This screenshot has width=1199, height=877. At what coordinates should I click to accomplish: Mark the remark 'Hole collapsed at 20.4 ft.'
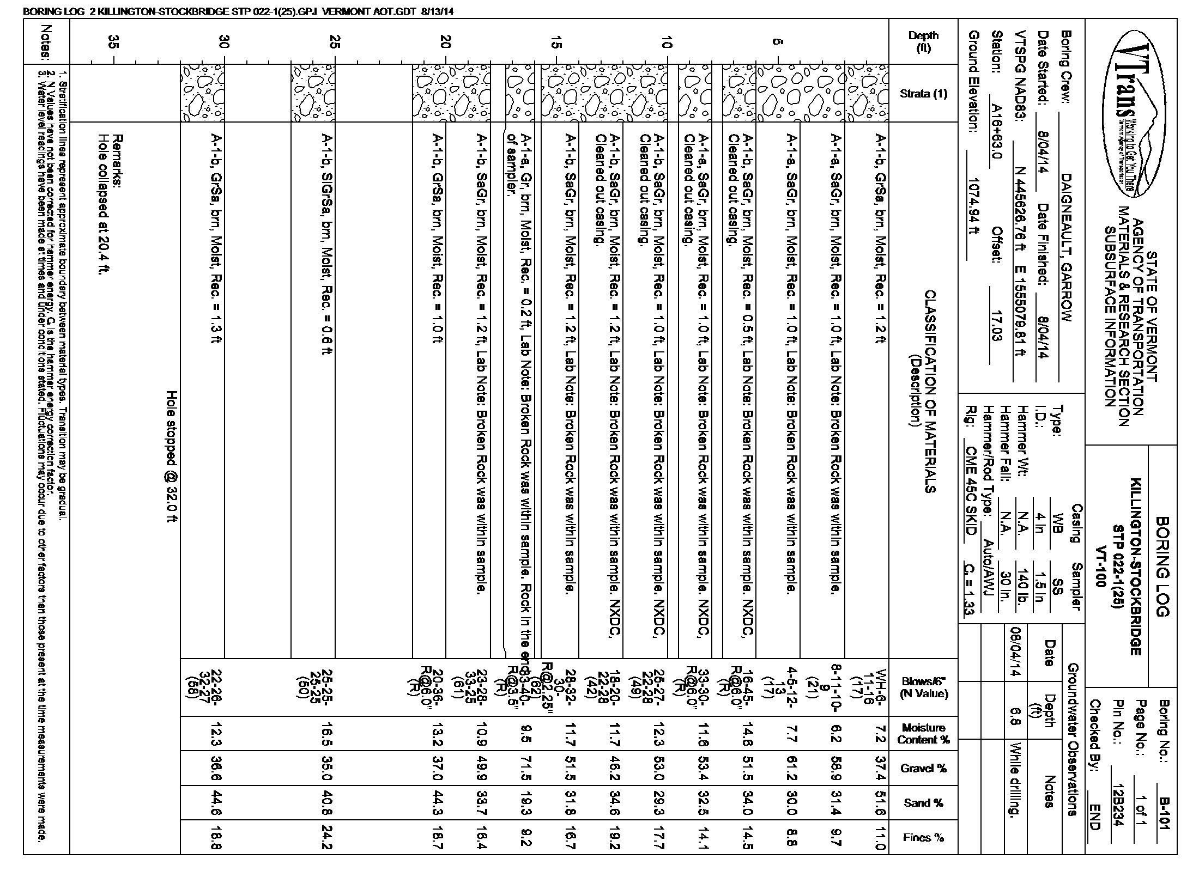[x=101, y=204]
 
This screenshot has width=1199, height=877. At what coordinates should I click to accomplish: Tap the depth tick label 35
[x=113, y=42]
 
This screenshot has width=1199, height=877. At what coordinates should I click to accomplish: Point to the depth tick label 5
[x=778, y=42]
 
